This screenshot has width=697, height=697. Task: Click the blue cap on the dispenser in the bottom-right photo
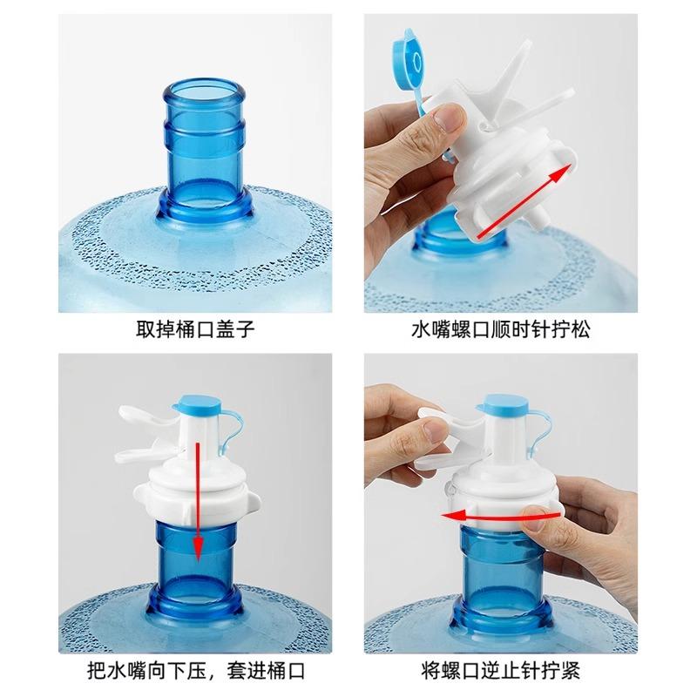point(502,403)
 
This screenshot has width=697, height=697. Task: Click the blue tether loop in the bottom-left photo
point(228,436)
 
